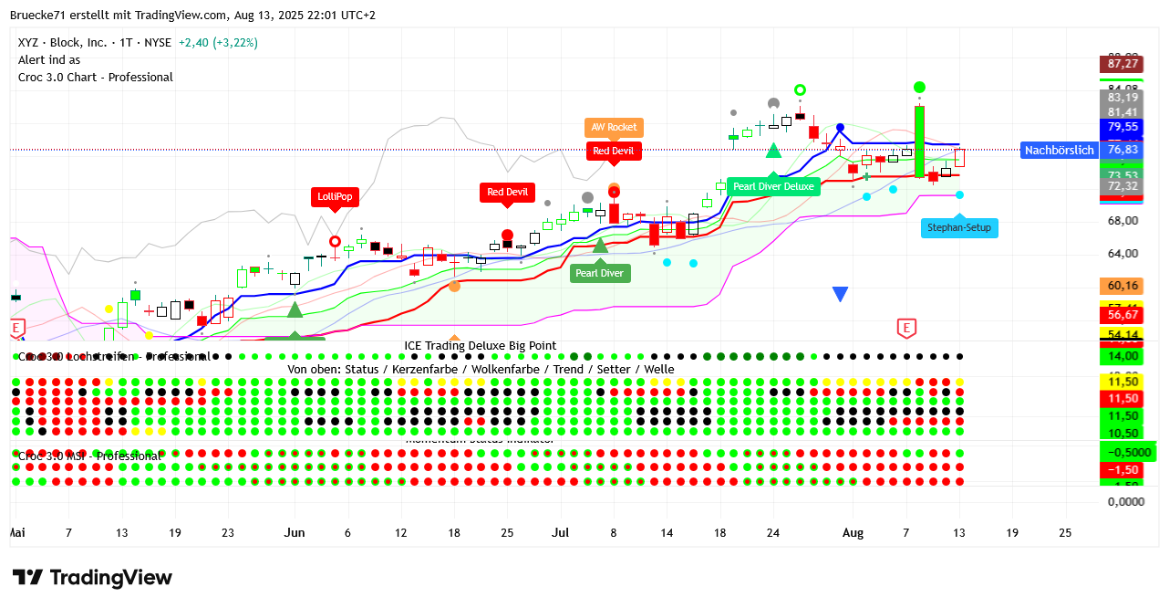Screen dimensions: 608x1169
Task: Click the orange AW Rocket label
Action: (614, 128)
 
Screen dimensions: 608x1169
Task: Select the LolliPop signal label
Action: (334, 196)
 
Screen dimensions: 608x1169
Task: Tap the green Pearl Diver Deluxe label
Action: (773, 186)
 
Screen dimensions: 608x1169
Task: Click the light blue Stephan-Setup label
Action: (959, 227)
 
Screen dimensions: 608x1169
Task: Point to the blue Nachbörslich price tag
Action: (1058, 151)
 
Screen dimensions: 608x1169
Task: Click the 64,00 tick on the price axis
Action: (1122, 254)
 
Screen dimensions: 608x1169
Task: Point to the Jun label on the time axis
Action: (294, 532)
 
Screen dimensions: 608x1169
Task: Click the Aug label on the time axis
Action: (853, 532)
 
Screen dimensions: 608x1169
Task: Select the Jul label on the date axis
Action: (561, 532)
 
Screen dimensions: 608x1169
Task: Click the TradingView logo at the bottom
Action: (92, 578)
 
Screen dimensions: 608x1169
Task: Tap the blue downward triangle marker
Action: (840, 294)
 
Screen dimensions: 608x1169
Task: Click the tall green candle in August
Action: (920, 142)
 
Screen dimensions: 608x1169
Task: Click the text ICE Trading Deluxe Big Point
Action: (481, 346)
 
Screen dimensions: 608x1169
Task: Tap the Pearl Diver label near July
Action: (600, 273)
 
